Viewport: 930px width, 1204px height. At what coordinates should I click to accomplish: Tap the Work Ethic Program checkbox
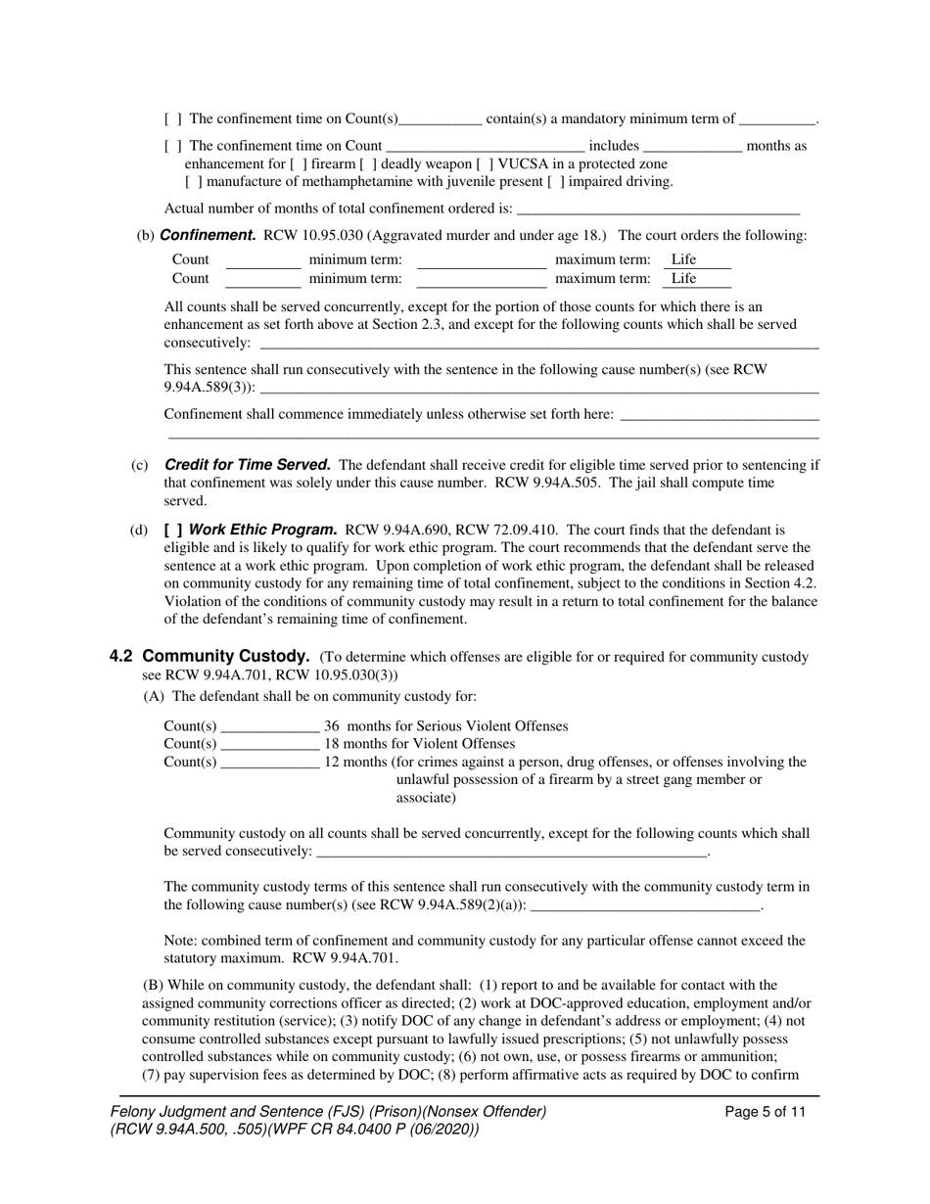coord(172,530)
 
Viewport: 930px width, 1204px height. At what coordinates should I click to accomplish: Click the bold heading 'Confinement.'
coord(208,235)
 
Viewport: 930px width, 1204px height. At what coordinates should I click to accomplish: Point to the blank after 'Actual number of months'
coord(657,208)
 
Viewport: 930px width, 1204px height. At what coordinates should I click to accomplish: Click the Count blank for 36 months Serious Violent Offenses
coord(270,726)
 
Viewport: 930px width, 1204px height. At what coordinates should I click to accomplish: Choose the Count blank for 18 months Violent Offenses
coord(270,744)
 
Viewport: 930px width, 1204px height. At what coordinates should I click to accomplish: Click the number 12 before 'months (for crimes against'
coord(332,762)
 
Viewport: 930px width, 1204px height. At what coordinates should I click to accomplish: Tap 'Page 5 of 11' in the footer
coord(766,1111)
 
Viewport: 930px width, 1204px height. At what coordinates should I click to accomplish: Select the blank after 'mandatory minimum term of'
coord(777,119)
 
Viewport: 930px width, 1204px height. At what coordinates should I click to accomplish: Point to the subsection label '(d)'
coord(139,530)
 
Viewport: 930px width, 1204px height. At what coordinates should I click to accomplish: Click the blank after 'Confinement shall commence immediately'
coord(719,414)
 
